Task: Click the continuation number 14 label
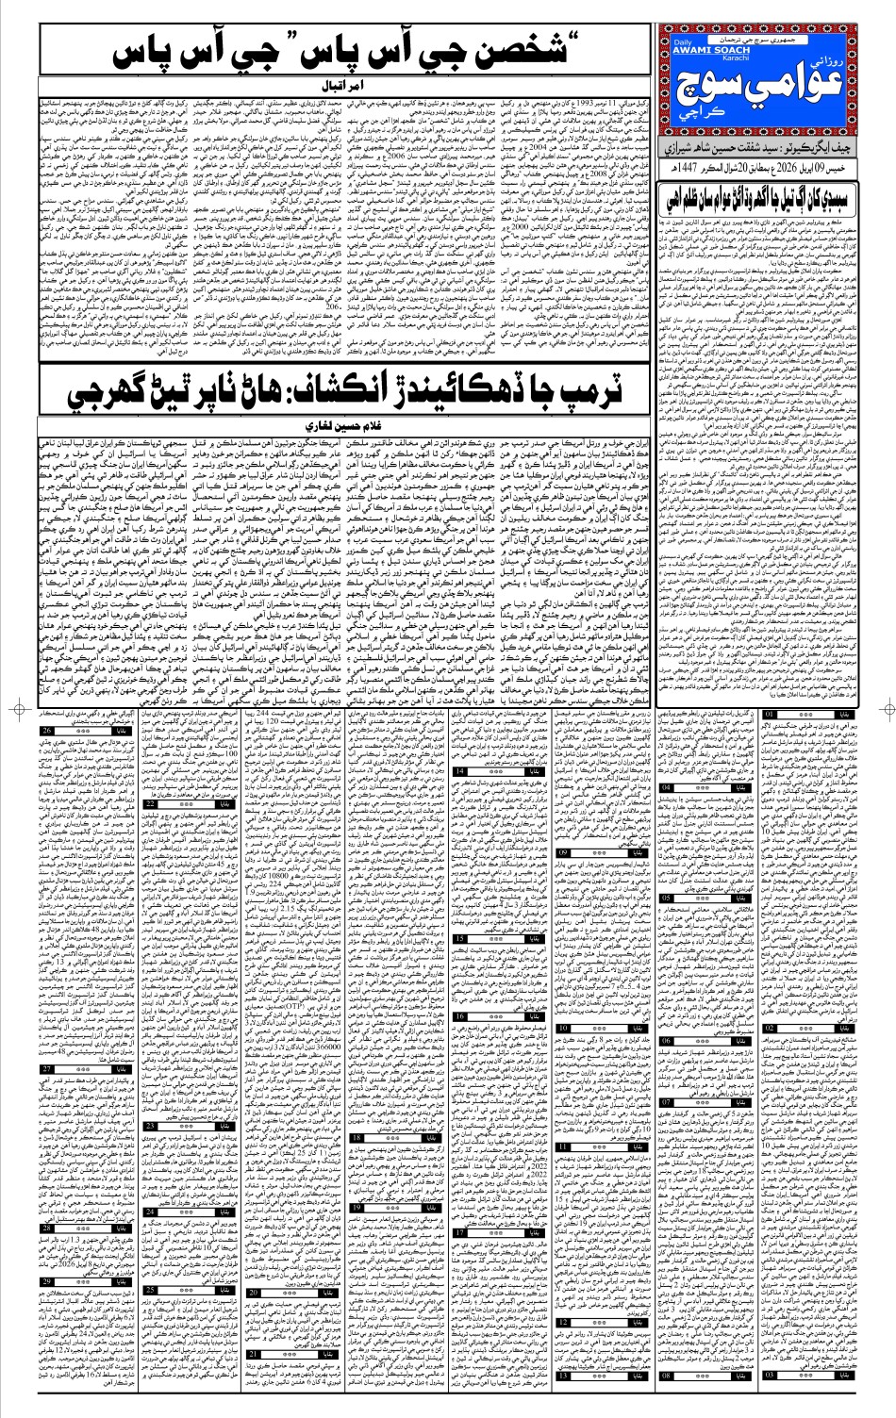tap(463, 771)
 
